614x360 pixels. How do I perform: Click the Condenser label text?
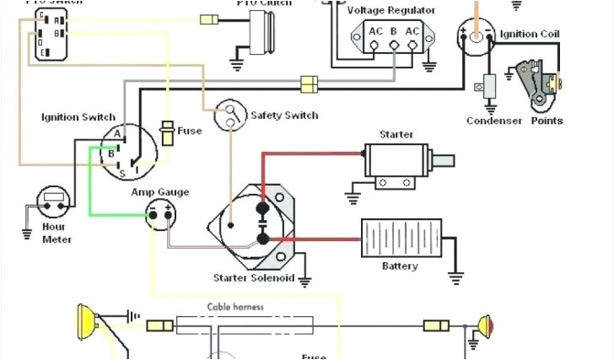493,121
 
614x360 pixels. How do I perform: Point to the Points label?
547,121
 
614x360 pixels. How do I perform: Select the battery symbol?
401,239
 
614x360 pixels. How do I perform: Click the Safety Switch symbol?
229,116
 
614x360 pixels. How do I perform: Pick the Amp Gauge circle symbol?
161,213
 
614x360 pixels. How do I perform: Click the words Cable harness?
235,307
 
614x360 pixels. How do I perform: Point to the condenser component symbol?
488,87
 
